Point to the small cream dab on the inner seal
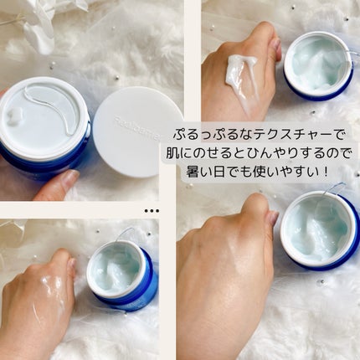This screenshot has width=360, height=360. tap(14, 115)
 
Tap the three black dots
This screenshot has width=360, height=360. tap(152, 211)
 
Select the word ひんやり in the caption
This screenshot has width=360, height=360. tap(270, 153)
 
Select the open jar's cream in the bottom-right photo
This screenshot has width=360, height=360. tap(319, 229)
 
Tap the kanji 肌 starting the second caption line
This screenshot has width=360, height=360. tap(173, 153)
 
